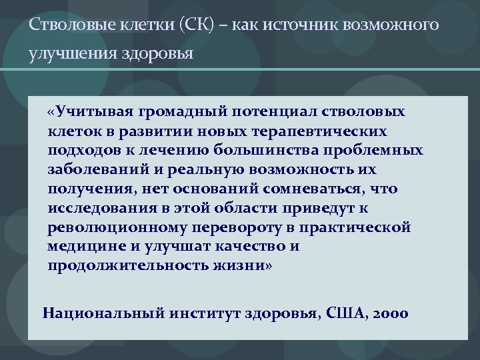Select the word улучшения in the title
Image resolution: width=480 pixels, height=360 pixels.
click(x=64, y=53)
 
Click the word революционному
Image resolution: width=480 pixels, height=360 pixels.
click(x=112, y=227)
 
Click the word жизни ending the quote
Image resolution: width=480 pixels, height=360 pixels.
click(x=245, y=266)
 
